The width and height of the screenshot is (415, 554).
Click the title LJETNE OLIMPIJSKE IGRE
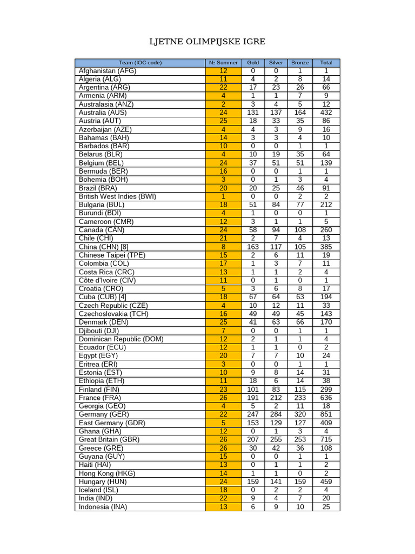tap(207, 42)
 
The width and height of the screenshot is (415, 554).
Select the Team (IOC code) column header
tap(140, 63)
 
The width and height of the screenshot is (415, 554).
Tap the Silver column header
tap(276, 63)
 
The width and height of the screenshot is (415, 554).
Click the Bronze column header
tap(299, 63)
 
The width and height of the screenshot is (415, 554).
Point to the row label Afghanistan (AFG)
tap(108, 71)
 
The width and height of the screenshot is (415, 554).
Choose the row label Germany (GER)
tap(105, 414)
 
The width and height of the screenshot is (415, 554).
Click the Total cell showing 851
tap(326, 414)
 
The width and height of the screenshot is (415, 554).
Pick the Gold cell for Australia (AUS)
tap(253, 113)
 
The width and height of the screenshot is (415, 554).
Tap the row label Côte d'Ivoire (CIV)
tap(108, 280)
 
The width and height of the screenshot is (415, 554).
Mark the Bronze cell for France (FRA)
tap(299, 398)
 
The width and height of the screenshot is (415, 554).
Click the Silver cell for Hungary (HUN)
tap(276, 482)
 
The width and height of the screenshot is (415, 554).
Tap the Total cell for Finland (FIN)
tap(326, 389)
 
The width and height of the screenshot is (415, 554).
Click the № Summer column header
tap(223, 63)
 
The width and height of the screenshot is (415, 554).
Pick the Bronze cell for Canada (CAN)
tap(299, 230)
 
